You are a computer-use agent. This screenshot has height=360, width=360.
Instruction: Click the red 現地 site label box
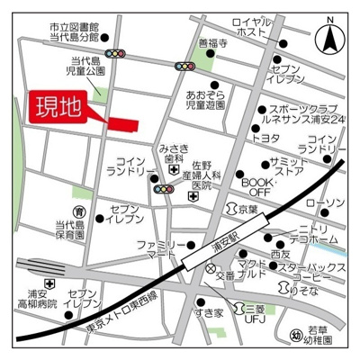tap(57, 108)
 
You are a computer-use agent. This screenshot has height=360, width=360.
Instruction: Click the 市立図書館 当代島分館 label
tap(75, 32)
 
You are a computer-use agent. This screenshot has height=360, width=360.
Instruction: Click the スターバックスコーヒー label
tap(311, 273)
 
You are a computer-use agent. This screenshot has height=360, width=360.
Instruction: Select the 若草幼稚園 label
tap(322, 336)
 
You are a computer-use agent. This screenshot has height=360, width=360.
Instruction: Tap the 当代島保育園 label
tap(68, 230)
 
